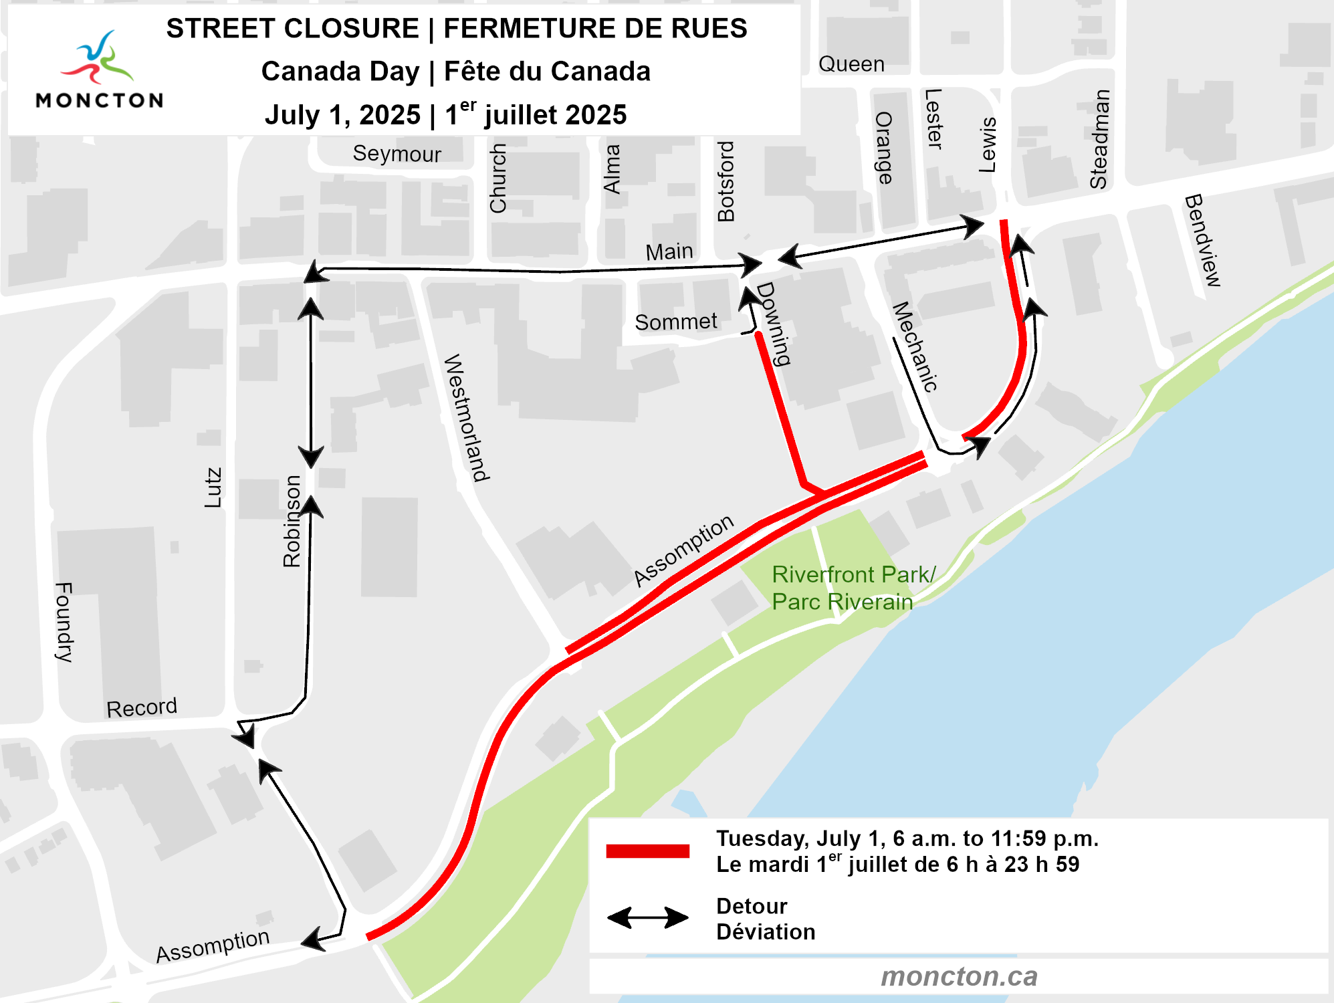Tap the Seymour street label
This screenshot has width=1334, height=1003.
pos(397,154)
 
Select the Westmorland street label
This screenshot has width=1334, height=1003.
pos(467,417)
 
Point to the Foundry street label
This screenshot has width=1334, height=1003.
pos(64,622)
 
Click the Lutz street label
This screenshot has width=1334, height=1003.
pos(213,487)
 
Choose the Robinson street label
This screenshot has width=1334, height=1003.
pos(292,522)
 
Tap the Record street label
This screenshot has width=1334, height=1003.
pos(142,707)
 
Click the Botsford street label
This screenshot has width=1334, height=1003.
pos(726,181)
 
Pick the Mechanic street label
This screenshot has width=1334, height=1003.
pos(915,346)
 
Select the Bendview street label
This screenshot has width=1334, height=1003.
pos(1203,240)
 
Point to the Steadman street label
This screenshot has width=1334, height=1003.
pos(1099,139)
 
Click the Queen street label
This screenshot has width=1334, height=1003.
pos(851,64)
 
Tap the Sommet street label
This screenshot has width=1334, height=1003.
pos(675,322)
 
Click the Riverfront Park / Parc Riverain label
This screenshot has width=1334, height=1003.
pos(853,588)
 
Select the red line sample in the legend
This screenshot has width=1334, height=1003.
pos(647,851)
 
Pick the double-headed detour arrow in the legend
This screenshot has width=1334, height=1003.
pos(647,917)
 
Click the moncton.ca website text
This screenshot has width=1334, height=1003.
pos(959,977)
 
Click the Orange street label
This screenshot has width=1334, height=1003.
pos(884,148)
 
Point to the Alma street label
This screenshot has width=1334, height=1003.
pos(612,169)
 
